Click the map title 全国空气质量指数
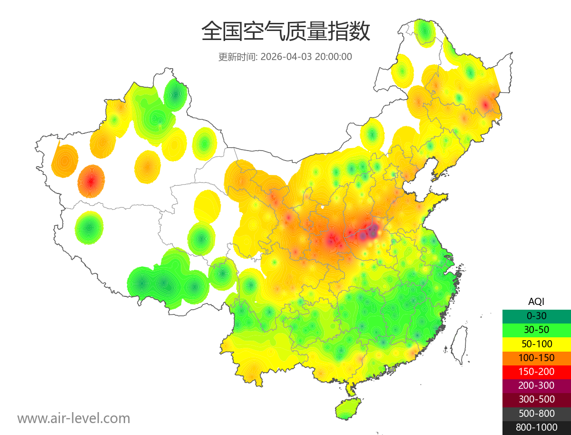[x=285, y=32]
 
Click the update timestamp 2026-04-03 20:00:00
[x=306, y=57]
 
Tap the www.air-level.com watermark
[x=74, y=418]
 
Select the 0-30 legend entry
[x=536, y=315]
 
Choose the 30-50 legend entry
[x=536, y=329]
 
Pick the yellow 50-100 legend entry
[x=536, y=344]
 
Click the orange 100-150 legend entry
[x=536, y=357]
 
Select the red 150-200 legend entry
[x=536, y=371]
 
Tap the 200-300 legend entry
[x=536, y=385]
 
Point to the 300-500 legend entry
[x=536, y=399]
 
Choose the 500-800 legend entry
[x=536, y=414]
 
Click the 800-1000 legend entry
[x=536, y=427]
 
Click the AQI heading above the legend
[x=536, y=301]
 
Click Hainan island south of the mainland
[x=348, y=409]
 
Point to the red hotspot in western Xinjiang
[x=91, y=181]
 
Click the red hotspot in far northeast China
[x=485, y=104]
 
